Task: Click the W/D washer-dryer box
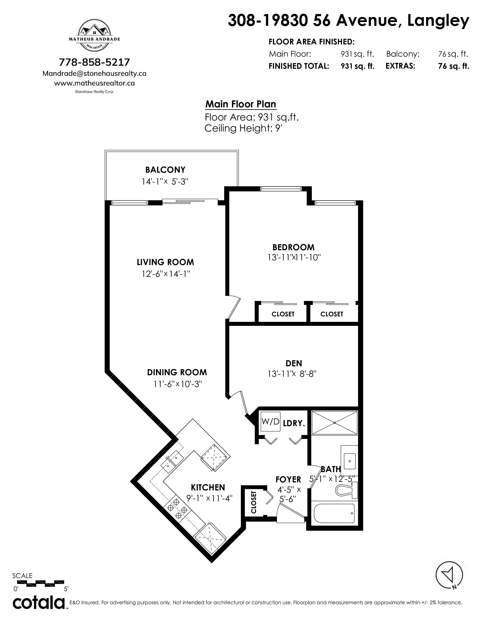pyautogui.click(x=270, y=422)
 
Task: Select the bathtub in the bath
pyautogui.click(x=334, y=513)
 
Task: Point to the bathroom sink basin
pyautogui.click(x=349, y=461)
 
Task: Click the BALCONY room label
pyautogui.click(x=165, y=170)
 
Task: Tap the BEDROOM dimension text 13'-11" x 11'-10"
pyautogui.click(x=294, y=257)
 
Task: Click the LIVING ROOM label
pyautogui.click(x=165, y=262)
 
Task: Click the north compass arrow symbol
pyautogui.click(x=449, y=575)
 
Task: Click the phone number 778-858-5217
pyautogui.click(x=94, y=62)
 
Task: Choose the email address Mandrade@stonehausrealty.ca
pyautogui.click(x=94, y=74)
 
